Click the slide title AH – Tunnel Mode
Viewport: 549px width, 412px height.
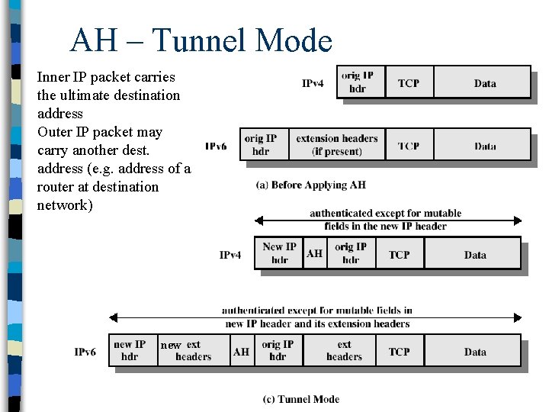201,40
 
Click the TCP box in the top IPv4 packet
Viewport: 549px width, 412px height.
409,82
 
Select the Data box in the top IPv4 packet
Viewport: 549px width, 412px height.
484,82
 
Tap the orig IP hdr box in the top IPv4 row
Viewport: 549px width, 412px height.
358,82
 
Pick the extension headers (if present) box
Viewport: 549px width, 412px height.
336,145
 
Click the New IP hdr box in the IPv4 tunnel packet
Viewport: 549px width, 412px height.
279,253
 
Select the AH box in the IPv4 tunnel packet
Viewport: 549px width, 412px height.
314,253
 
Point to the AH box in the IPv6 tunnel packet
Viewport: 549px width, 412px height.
241,352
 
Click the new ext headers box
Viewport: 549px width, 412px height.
192,351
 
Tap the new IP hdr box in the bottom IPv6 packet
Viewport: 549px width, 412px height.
130,351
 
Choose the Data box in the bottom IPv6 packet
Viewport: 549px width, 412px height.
475,352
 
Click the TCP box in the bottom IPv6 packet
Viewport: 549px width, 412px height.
399,352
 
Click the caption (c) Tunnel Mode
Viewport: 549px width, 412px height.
301,399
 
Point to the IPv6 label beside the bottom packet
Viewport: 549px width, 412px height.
85,352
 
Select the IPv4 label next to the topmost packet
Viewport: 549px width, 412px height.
313,83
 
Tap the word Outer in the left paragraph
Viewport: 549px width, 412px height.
55,132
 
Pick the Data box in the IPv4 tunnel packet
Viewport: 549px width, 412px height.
474,255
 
